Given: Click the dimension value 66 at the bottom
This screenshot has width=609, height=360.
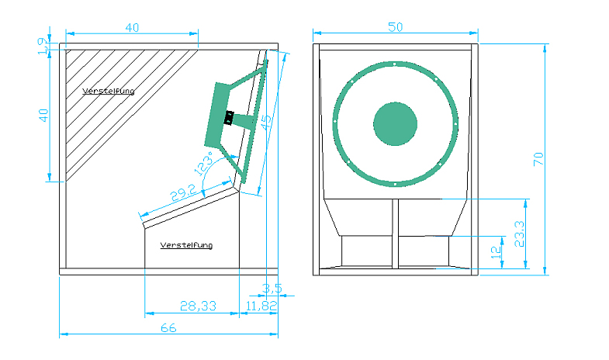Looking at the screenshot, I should [168, 328].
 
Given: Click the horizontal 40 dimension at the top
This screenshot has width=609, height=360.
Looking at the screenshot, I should [132, 27].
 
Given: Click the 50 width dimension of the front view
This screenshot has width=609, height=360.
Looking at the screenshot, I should [396, 27].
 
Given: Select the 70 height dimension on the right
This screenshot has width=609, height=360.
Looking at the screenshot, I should [538, 159].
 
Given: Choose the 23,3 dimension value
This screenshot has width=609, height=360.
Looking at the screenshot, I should [519, 233].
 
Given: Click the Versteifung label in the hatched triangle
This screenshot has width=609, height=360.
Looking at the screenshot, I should [108, 92].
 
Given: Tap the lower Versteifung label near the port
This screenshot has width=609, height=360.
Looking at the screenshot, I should [186, 245].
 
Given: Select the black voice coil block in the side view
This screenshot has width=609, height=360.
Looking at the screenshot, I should [229, 119].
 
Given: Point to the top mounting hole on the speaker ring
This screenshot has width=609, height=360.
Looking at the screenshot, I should [395, 64].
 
